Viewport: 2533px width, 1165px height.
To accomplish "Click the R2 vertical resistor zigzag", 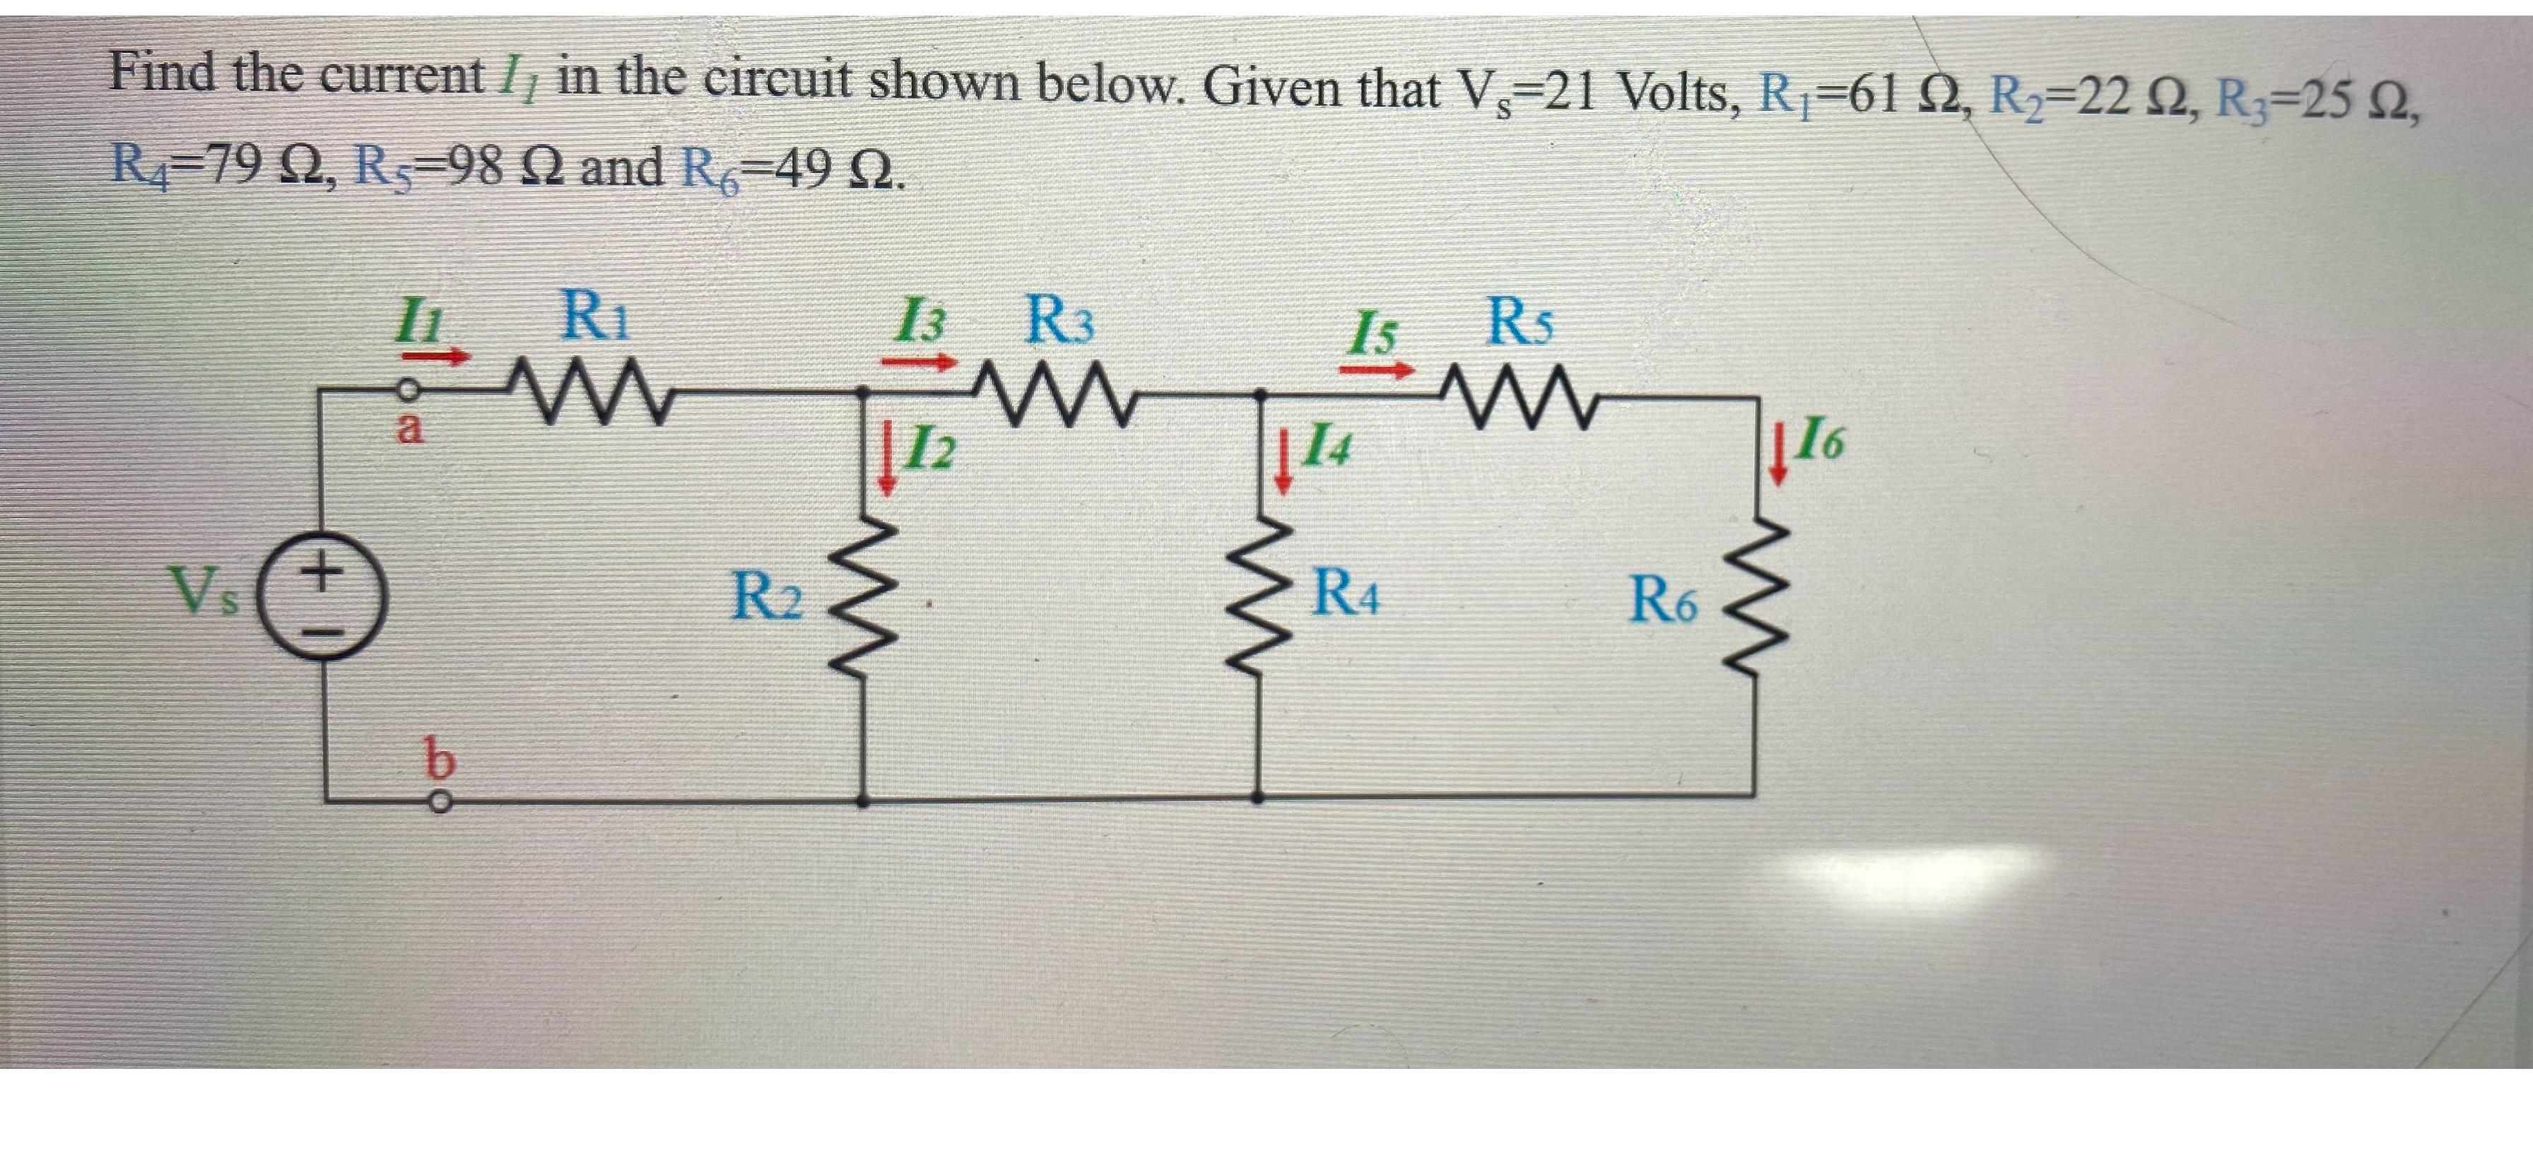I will pyautogui.click(x=864, y=595).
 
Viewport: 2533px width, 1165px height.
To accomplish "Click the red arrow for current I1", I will pyautogui.click(x=445, y=359).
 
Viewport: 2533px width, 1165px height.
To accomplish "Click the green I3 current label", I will pyautogui.click(x=917, y=322).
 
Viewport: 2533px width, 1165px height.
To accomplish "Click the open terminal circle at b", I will pyautogui.click(x=442, y=803).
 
